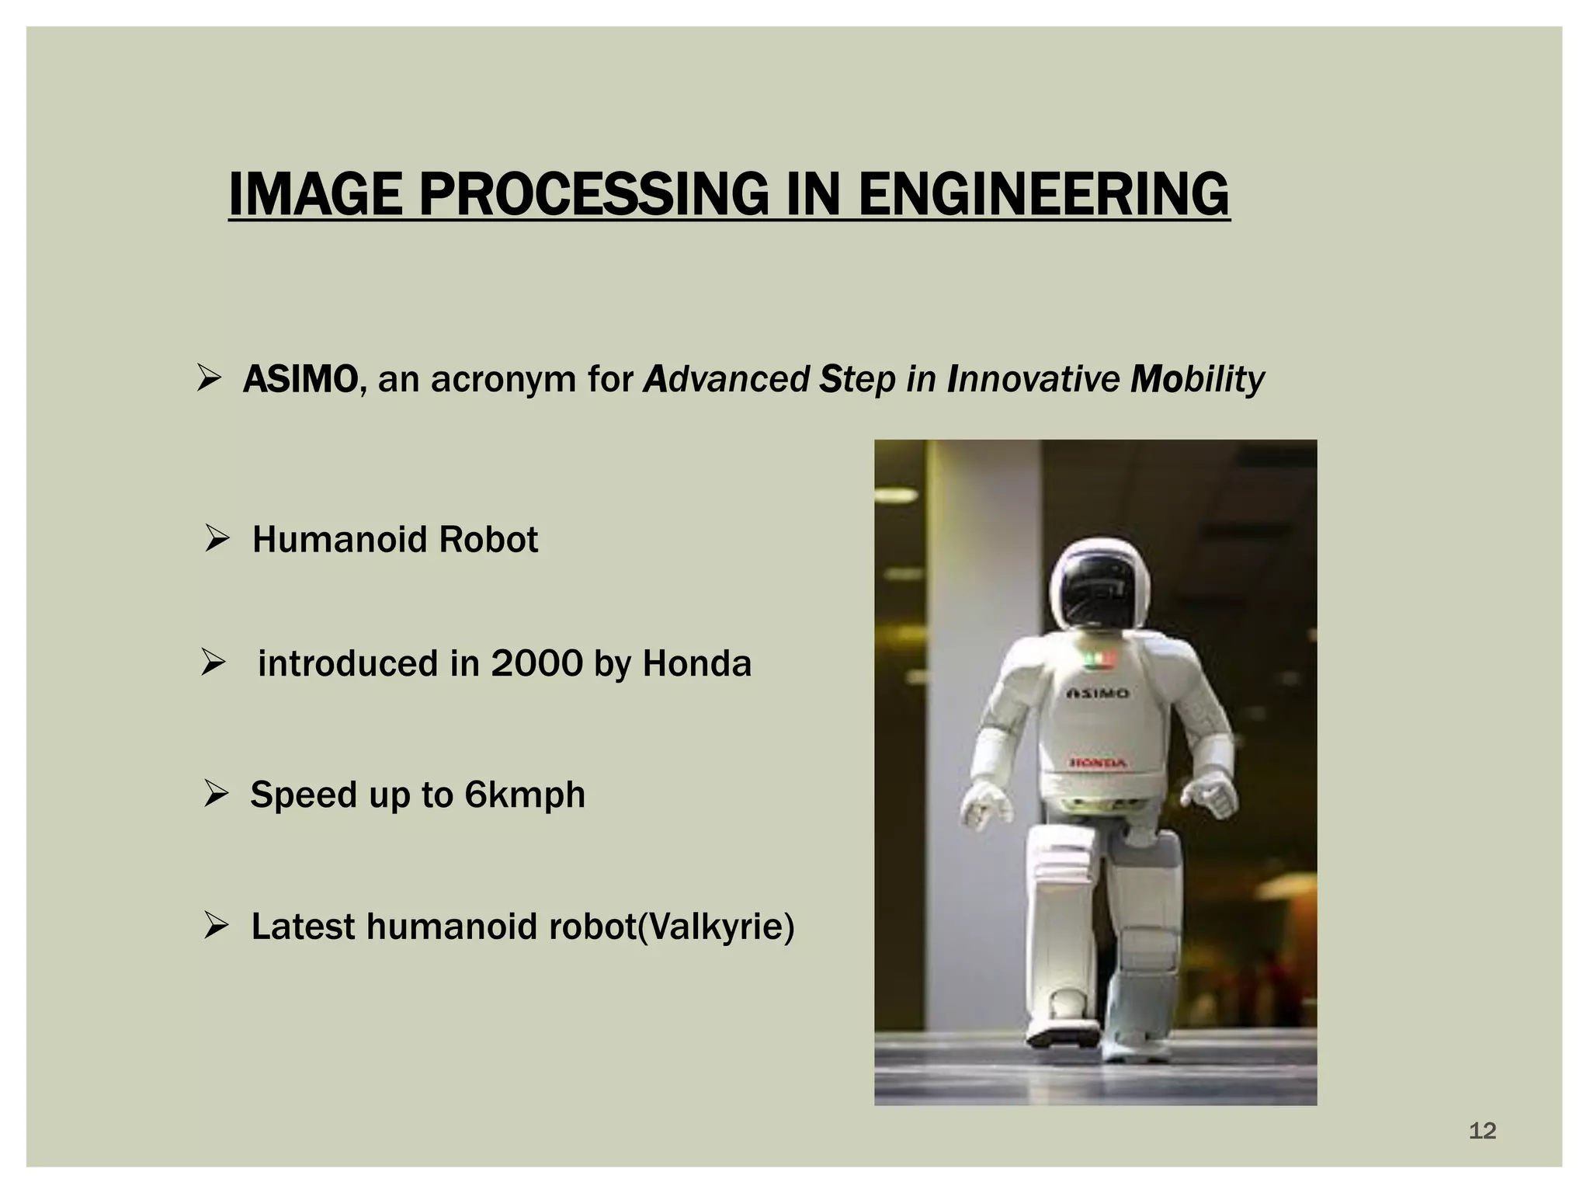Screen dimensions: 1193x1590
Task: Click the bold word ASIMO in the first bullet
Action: coord(300,380)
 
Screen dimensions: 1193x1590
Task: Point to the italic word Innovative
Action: coord(1033,380)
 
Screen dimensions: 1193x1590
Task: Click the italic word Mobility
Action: coord(1197,380)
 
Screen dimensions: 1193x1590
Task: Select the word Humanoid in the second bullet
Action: coord(339,540)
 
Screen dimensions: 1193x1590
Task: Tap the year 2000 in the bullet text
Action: coord(536,664)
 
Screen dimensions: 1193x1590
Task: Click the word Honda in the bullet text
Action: coord(696,664)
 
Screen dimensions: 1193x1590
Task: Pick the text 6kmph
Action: coord(525,795)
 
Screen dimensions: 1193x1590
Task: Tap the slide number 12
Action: coord(1482,1131)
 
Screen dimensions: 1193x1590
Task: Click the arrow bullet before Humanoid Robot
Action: coord(217,537)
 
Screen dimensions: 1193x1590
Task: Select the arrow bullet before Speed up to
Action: coord(216,793)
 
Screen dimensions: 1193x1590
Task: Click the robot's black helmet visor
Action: coord(1099,590)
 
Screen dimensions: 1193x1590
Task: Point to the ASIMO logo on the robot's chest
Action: coord(1097,693)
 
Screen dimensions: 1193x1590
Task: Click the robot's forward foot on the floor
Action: coord(1062,1035)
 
